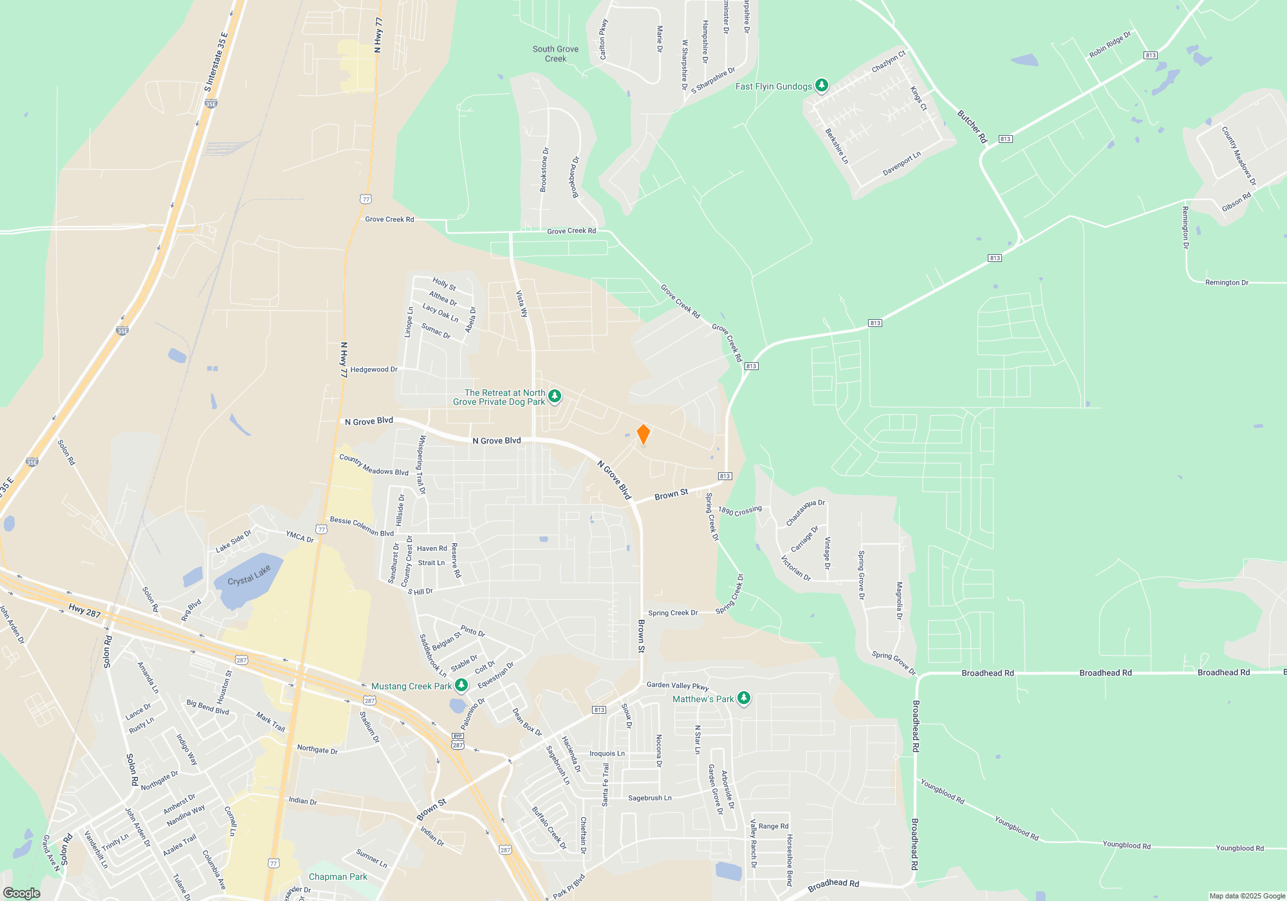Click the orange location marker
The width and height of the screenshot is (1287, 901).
pos(643,434)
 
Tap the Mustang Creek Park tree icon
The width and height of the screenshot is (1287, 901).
pos(461,685)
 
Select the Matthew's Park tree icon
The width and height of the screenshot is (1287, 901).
pos(743,698)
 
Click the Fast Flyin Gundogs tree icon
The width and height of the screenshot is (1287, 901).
pos(821,85)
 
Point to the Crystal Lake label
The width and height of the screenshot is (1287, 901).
pos(249,576)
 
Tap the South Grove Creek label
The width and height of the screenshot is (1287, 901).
pos(555,53)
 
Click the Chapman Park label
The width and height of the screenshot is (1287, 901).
pos(338,877)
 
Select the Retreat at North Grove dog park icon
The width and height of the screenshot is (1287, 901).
pos(555,396)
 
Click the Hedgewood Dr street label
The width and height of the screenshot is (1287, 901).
pos(374,369)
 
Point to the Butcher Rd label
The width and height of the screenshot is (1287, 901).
pos(972,126)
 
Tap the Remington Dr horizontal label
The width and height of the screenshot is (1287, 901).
pos(1227,283)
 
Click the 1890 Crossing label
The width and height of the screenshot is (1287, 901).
pos(740,510)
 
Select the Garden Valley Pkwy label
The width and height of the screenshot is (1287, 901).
pos(678,685)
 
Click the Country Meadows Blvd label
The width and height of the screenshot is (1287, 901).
pos(374,465)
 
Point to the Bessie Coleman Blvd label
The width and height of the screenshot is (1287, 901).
pos(362,526)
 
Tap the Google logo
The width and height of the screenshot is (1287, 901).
pos(22,893)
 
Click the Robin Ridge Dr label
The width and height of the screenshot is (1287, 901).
pos(1109,44)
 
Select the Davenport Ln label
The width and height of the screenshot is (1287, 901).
pos(902,163)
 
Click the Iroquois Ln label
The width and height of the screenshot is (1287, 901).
pos(607,754)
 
